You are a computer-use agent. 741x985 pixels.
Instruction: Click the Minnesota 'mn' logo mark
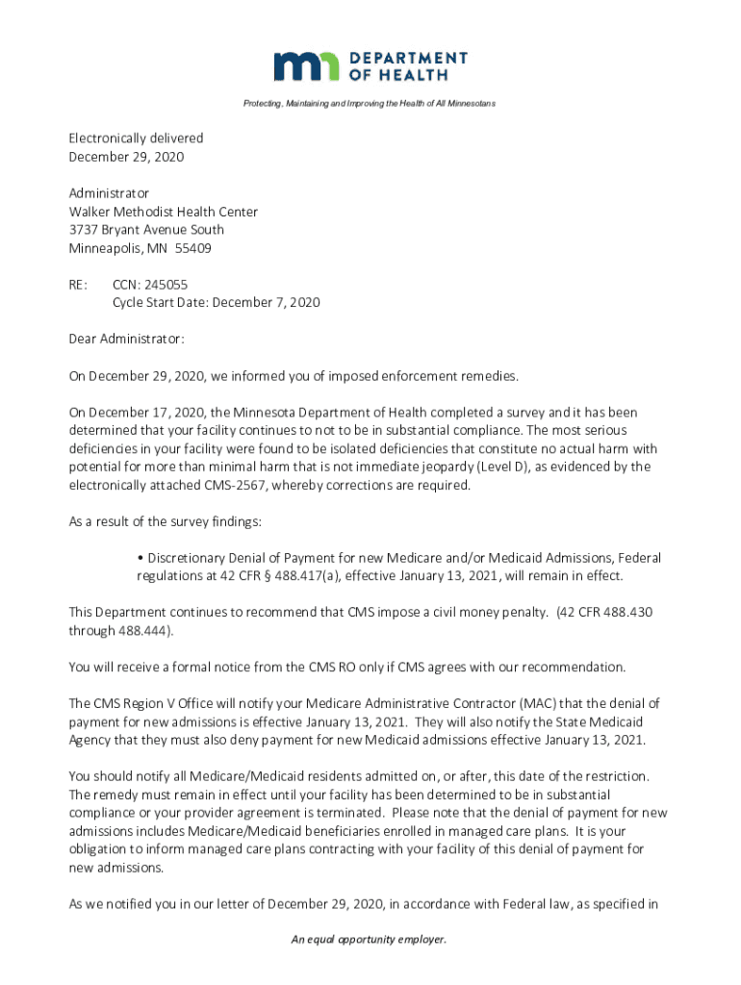(x=307, y=65)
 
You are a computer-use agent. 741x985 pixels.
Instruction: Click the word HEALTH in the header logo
(x=413, y=75)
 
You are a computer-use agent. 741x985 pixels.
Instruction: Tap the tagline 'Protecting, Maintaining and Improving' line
(x=370, y=103)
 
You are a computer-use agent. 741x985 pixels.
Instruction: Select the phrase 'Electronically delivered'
(x=136, y=139)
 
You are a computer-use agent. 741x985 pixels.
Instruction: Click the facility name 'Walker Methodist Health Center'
(x=163, y=212)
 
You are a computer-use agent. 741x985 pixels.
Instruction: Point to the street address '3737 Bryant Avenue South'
(x=146, y=230)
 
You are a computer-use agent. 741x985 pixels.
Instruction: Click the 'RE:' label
(x=78, y=285)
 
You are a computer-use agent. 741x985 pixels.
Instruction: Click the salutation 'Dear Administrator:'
(x=126, y=340)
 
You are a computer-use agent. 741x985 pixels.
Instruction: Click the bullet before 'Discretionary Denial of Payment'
(x=141, y=559)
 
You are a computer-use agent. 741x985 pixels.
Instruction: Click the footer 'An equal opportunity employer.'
(x=370, y=940)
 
